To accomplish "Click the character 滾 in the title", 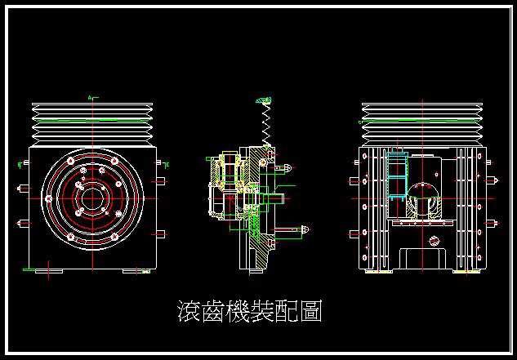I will [189, 312].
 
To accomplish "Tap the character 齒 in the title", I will [215, 312].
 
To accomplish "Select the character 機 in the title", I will [242, 312].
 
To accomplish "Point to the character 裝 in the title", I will [269, 312].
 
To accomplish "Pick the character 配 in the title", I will [295, 312].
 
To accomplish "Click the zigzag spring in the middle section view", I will [265, 127].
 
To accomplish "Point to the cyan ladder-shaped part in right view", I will [397, 176].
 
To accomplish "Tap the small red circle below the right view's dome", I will [433, 241].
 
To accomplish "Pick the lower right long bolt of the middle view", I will [299, 230].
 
